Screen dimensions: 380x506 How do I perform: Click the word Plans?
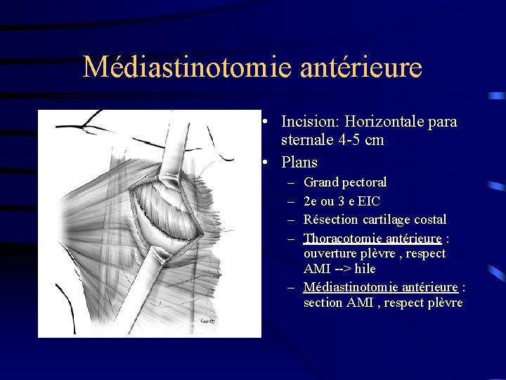(299, 162)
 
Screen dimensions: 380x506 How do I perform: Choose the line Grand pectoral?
(345, 182)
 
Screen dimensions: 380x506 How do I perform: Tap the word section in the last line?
(324, 303)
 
